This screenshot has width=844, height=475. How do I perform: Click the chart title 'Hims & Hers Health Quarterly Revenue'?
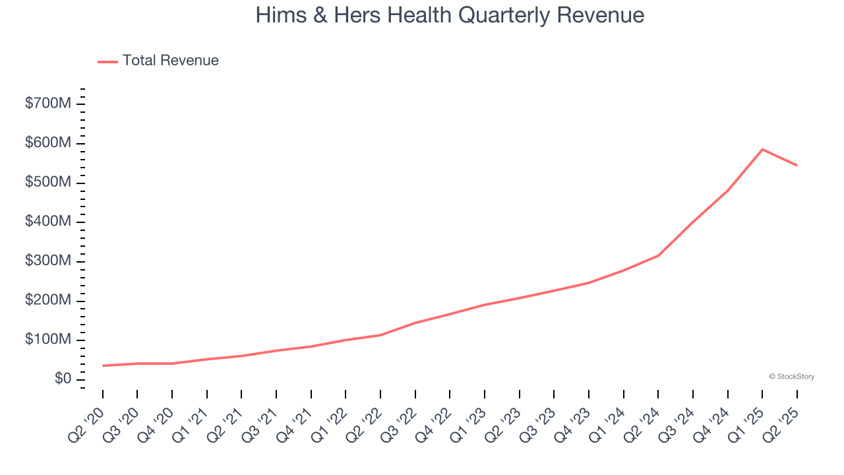450,15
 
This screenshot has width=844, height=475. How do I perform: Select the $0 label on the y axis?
63,379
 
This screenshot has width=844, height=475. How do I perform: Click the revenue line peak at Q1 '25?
762,149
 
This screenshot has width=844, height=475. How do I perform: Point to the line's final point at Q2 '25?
797,165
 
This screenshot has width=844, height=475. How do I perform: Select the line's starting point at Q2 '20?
103,365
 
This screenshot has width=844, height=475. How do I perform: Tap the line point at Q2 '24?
658,255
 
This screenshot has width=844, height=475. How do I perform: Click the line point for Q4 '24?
727,191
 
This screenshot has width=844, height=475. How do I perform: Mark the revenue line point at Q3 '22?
415,323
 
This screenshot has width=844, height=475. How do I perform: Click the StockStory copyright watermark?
791,377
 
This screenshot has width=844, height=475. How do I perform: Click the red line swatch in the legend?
107,61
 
